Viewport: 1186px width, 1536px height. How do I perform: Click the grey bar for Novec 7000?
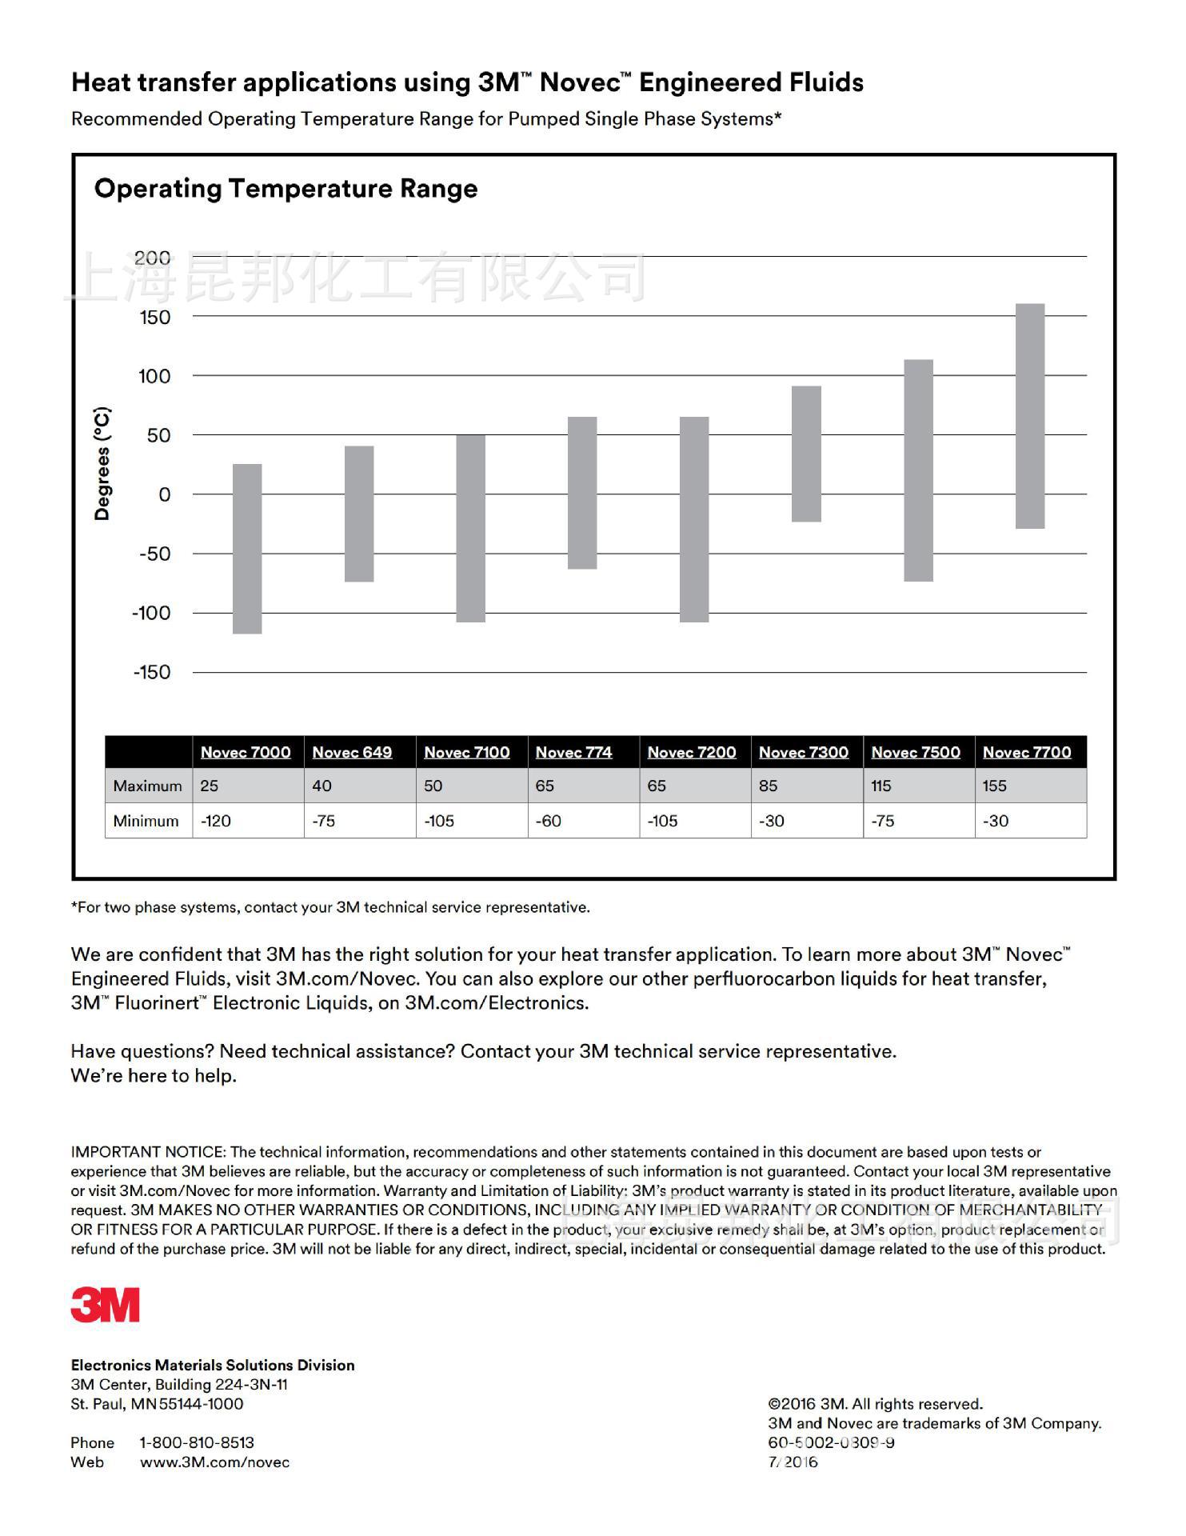point(247,549)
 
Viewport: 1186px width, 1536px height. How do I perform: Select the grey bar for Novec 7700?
point(1030,416)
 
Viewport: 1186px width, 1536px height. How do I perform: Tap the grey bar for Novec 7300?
point(806,454)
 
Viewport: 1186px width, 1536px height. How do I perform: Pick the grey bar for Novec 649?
point(359,514)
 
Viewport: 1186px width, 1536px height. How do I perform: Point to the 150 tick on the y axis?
point(155,318)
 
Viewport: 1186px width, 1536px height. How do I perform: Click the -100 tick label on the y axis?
point(151,614)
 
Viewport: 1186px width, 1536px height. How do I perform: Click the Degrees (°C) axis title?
point(102,464)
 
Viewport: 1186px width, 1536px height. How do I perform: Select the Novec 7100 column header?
point(467,753)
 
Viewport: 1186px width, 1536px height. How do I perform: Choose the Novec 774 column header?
point(573,753)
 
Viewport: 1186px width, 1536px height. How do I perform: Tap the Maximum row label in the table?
point(147,786)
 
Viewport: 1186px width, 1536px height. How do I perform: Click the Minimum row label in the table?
point(146,822)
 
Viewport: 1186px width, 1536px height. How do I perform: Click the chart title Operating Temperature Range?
point(286,189)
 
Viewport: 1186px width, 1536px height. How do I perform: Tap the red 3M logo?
point(105,1305)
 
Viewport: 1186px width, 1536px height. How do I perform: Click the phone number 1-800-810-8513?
point(197,1442)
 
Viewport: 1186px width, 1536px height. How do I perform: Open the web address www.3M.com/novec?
point(214,1462)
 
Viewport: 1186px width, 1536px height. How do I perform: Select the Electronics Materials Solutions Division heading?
point(213,1365)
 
